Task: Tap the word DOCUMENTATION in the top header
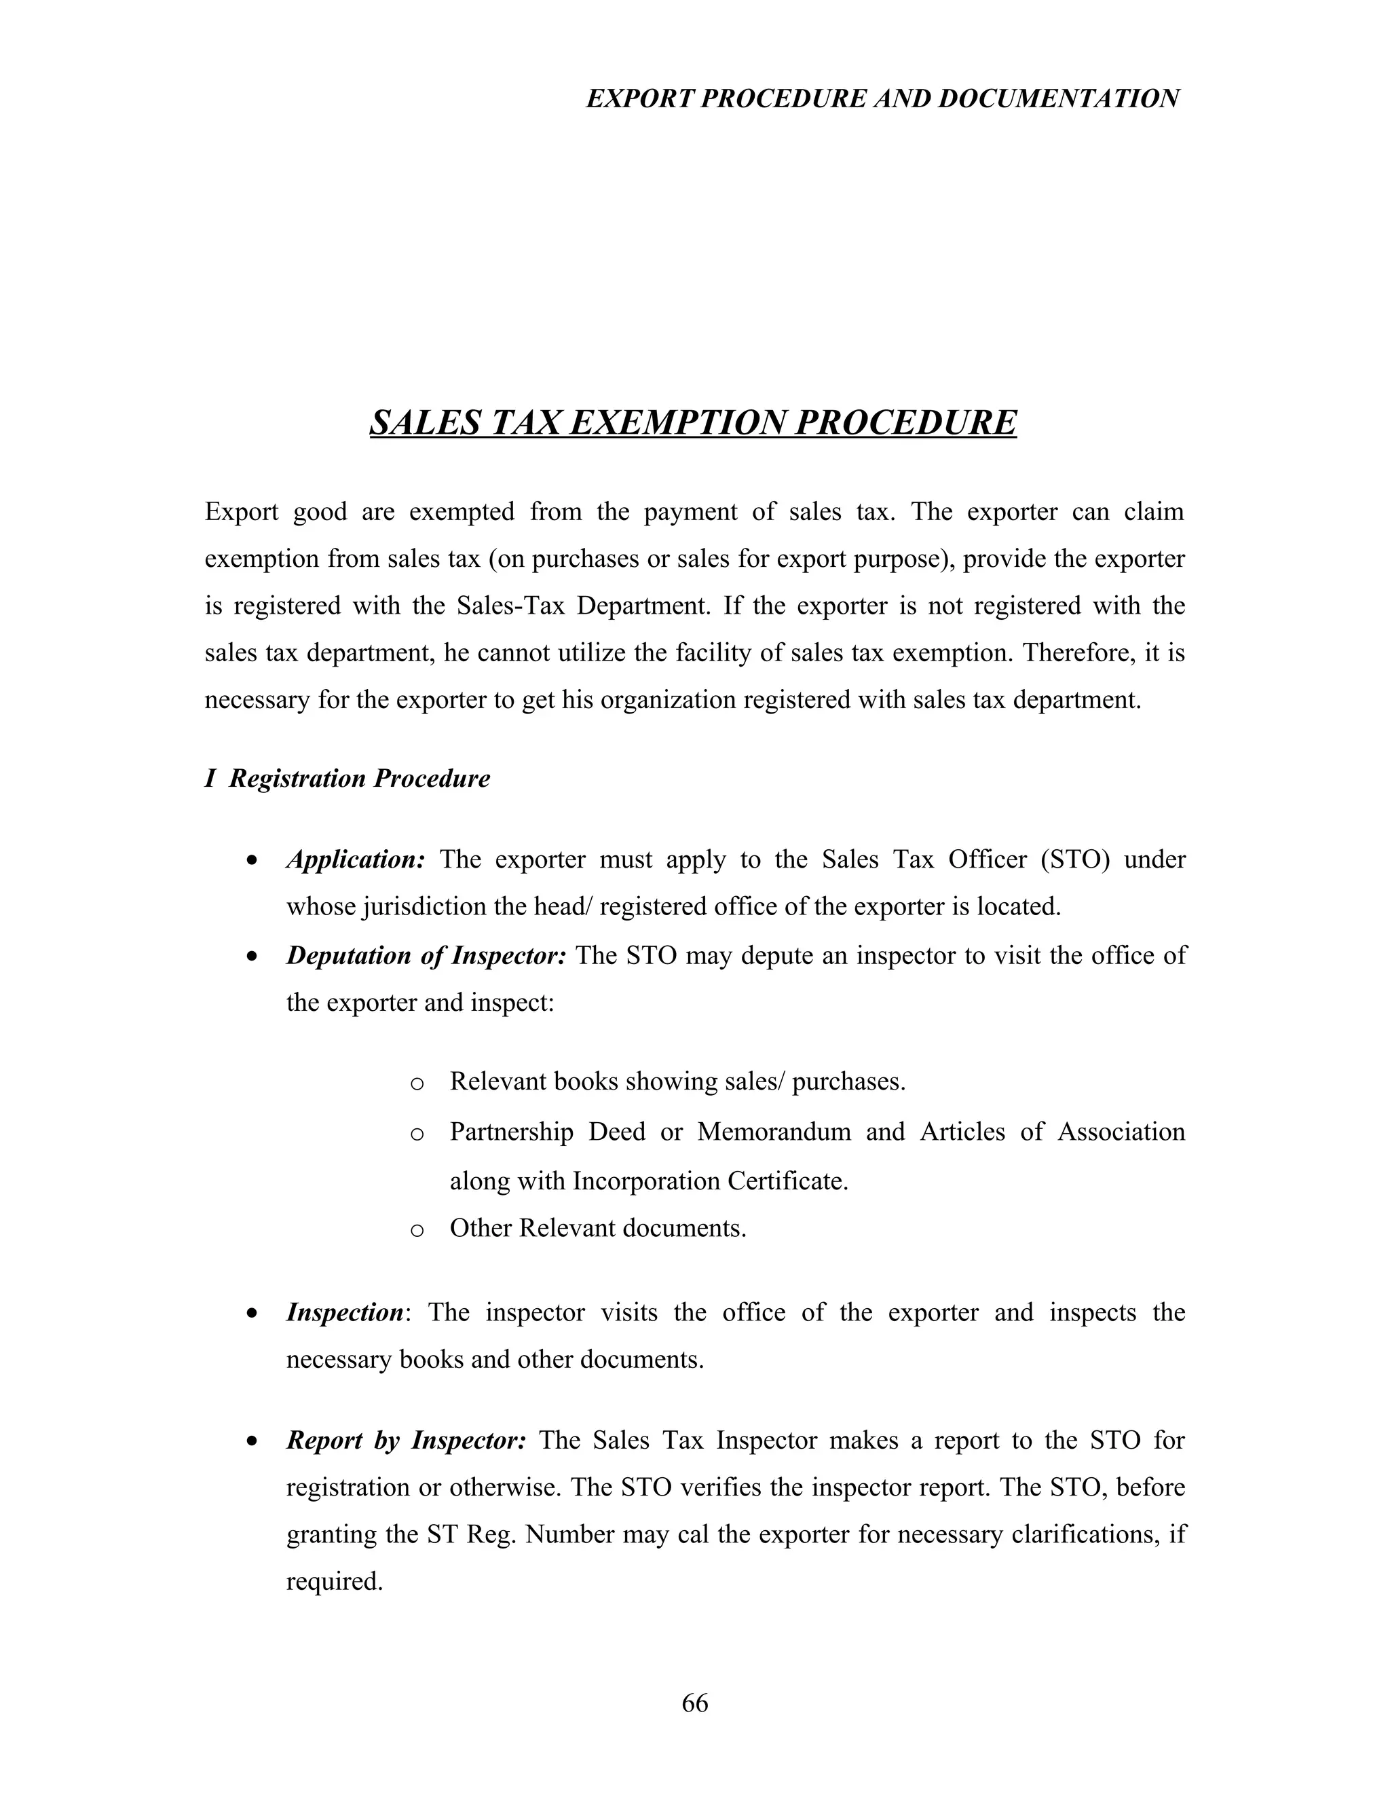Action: click(x=1058, y=99)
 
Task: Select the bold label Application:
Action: click(x=356, y=860)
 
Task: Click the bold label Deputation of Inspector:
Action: click(x=426, y=956)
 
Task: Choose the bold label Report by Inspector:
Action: click(x=406, y=1440)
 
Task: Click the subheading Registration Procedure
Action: click(x=359, y=779)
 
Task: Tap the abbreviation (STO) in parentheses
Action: click(x=1074, y=860)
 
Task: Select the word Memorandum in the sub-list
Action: click(x=773, y=1132)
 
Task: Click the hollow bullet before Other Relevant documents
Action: click(x=417, y=1231)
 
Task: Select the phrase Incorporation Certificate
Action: click(x=710, y=1181)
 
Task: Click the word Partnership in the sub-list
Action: click(x=510, y=1132)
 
